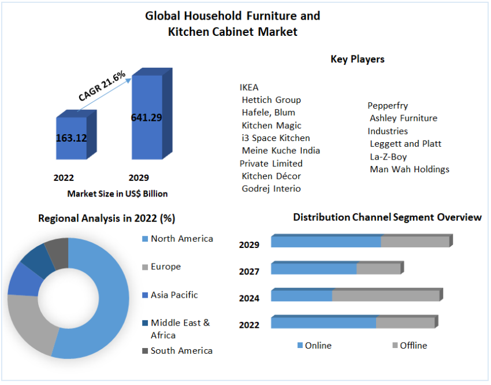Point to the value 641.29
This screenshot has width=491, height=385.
[x=146, y=117]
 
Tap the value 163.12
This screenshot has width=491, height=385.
[x=72, y=138]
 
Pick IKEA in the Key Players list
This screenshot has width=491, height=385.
[x=249, y=87]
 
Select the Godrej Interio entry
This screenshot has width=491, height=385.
[x=271, y=188]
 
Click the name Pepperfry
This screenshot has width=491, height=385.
[x=388, y=105]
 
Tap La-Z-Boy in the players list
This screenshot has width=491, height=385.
[x=388, y=156]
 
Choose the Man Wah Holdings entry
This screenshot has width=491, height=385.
[x=409, y=169]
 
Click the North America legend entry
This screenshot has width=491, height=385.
[x=181, y=238]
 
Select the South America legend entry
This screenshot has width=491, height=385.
[x=181, y=350]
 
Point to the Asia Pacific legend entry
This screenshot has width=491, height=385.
[x=174, y=295]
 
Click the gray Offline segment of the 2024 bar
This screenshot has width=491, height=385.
[x=386, y=295]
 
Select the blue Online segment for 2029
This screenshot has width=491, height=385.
[x=326, y=242]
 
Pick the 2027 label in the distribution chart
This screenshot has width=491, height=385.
[x=249, y=271]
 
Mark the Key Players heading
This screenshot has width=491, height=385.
[x=357, y=59]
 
